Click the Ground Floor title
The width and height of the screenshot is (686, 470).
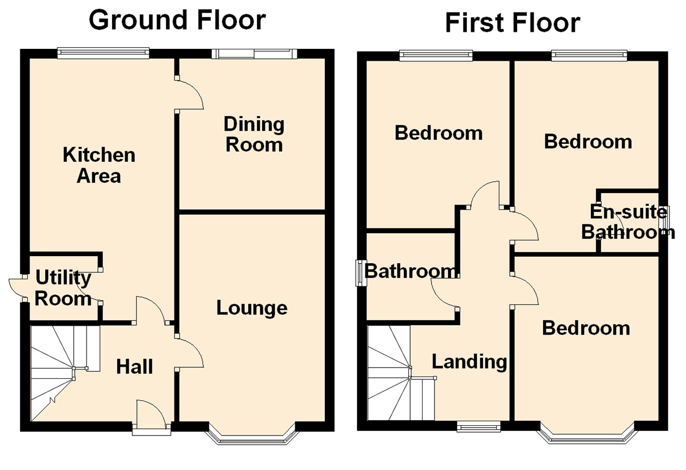tap(177, 21)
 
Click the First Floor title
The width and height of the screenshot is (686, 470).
tap(513, 23)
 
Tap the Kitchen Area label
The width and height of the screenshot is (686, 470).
tap(99, 165)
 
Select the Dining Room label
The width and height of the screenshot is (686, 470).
tap(254, 134)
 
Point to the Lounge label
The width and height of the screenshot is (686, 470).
tap(252, 308)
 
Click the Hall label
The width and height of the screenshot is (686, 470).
tap(135, 367)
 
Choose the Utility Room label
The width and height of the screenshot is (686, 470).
tap(63, 288)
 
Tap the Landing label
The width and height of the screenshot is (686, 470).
tap(469, 362)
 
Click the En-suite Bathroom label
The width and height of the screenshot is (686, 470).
tap(628, 222)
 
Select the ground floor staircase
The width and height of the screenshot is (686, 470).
tap(65, 374)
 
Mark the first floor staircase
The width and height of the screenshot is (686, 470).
tap(401, 373)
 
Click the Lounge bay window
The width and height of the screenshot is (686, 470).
tap(252, 434)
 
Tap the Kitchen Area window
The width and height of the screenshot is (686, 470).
tap(103, 53)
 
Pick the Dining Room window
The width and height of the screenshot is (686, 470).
tap(254, 54)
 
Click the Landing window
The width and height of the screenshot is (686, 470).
tap(479, 427)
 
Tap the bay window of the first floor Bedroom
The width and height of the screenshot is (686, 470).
tap(587, 433)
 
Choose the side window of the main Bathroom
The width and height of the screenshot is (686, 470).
tap(361, 273)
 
